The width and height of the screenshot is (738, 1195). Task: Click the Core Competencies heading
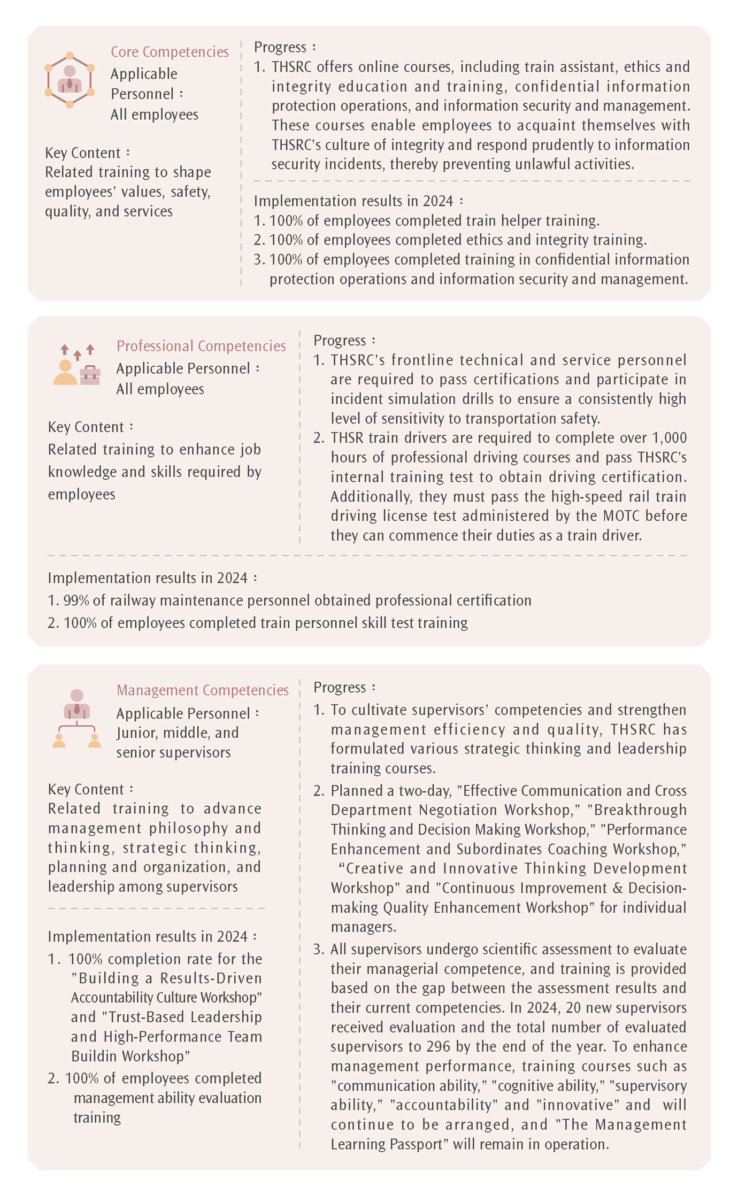tap(170, 52)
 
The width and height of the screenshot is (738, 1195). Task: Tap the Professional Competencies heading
tap(201, 346)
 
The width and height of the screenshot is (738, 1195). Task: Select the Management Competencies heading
tap(203, 690)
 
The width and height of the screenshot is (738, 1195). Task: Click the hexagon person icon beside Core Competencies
tap(70, 80)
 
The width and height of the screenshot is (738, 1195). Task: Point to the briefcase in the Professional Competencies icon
tap(90, 375)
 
